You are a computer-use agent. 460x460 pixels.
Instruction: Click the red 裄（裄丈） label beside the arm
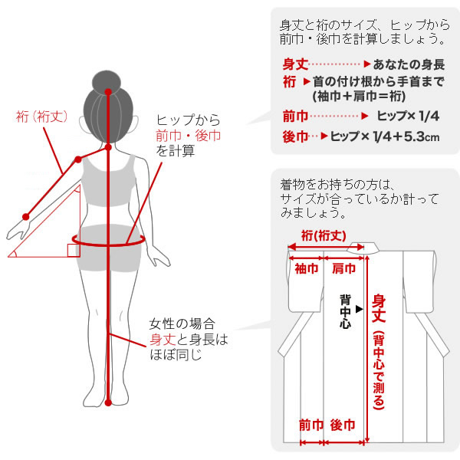click(42, 117)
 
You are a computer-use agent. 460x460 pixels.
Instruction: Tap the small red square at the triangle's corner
click(73, 249)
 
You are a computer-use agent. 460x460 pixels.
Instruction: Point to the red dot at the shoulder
click(77, 159)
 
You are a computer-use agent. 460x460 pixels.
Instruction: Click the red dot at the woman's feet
click(110, 402)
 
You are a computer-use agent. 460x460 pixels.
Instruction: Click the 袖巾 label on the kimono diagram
click(306, 268)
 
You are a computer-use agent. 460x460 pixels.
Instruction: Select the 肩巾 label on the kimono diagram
click(343, 268)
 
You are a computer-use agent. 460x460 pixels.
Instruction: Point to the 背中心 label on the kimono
click(345, 310)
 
